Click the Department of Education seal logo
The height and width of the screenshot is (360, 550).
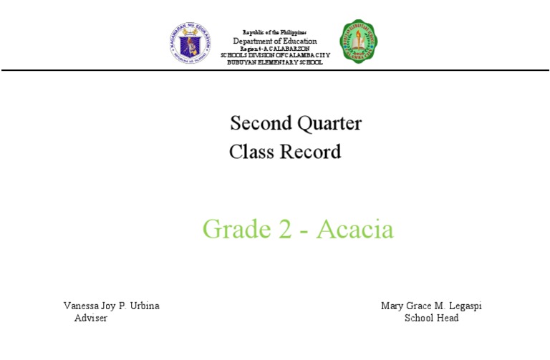pyautogui.click(x=190, y=42)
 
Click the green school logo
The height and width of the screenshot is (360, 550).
pyautogui.click(x=359, y=42)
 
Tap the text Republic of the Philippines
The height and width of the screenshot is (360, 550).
pyautogui.click(x=274, y=33)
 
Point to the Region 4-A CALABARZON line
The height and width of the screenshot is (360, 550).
pyautogui.click(x=274, y=49)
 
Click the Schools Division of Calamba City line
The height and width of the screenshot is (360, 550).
pyautogui.click(x=275, y=55)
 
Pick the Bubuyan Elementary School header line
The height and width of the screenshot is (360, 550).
pyautogui.click(x=275, y=62)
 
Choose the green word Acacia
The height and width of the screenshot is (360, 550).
pyautogui.click(x=355, y=229)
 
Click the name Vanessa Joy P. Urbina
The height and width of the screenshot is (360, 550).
pyautogui.click(x=112, y=306)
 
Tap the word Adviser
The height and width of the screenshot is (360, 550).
pyautogui.click(x=91, y=318)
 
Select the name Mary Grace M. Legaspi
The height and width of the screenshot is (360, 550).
pyautogui.click(x=431, y=306)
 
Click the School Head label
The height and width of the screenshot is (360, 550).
pyautogui.click(x=431, y=318)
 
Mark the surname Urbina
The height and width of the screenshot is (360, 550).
pyautogui.click(x=145, y=306)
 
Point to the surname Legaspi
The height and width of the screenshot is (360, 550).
pyautogui.click(x=463, y=306)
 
